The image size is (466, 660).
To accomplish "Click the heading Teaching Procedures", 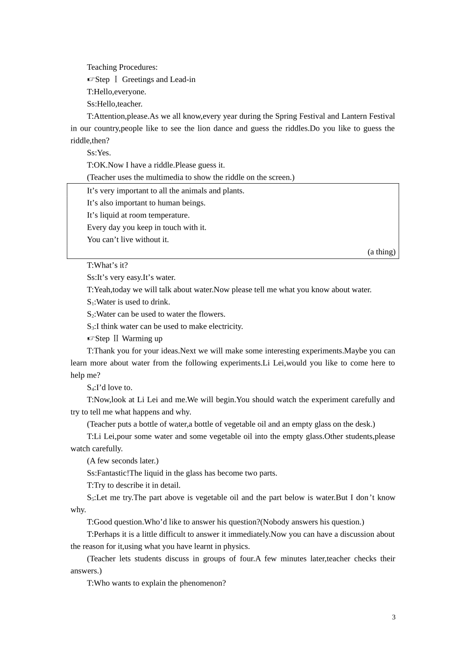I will [122, 67].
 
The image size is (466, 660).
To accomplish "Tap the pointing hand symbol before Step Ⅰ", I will [91, 80].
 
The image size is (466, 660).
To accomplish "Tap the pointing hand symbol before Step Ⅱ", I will [91, 339].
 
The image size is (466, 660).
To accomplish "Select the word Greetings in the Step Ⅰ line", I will [138, 80].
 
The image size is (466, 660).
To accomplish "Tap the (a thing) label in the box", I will [381, 252].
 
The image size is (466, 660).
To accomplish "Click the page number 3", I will [394, 617].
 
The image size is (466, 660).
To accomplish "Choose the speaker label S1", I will [90, 302].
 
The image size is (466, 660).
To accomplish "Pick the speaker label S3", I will [90, 327].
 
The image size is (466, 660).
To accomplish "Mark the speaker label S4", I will [90, 388].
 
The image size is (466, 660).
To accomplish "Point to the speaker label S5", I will [90, 498].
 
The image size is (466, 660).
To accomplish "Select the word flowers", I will [211, 314].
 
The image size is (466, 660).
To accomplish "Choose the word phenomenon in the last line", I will [203, 583].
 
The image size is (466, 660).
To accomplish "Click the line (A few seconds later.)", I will [123, 461].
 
